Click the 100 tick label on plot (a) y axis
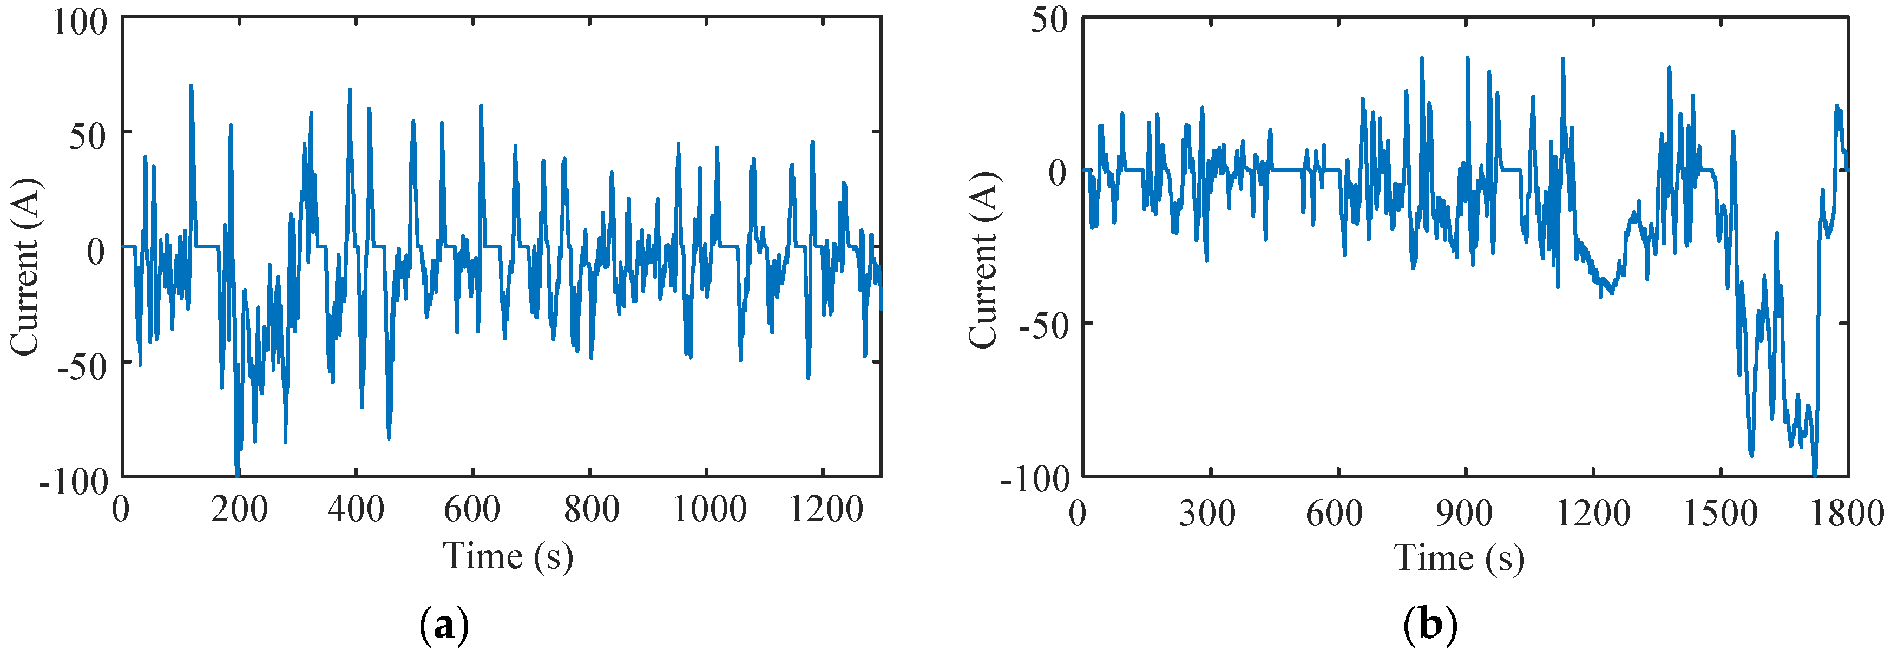(80, 22)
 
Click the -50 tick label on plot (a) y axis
(82, 366)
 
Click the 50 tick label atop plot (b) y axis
(1048, 20)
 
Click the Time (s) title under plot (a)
(508, 556)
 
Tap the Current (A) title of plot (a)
(26, 267)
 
